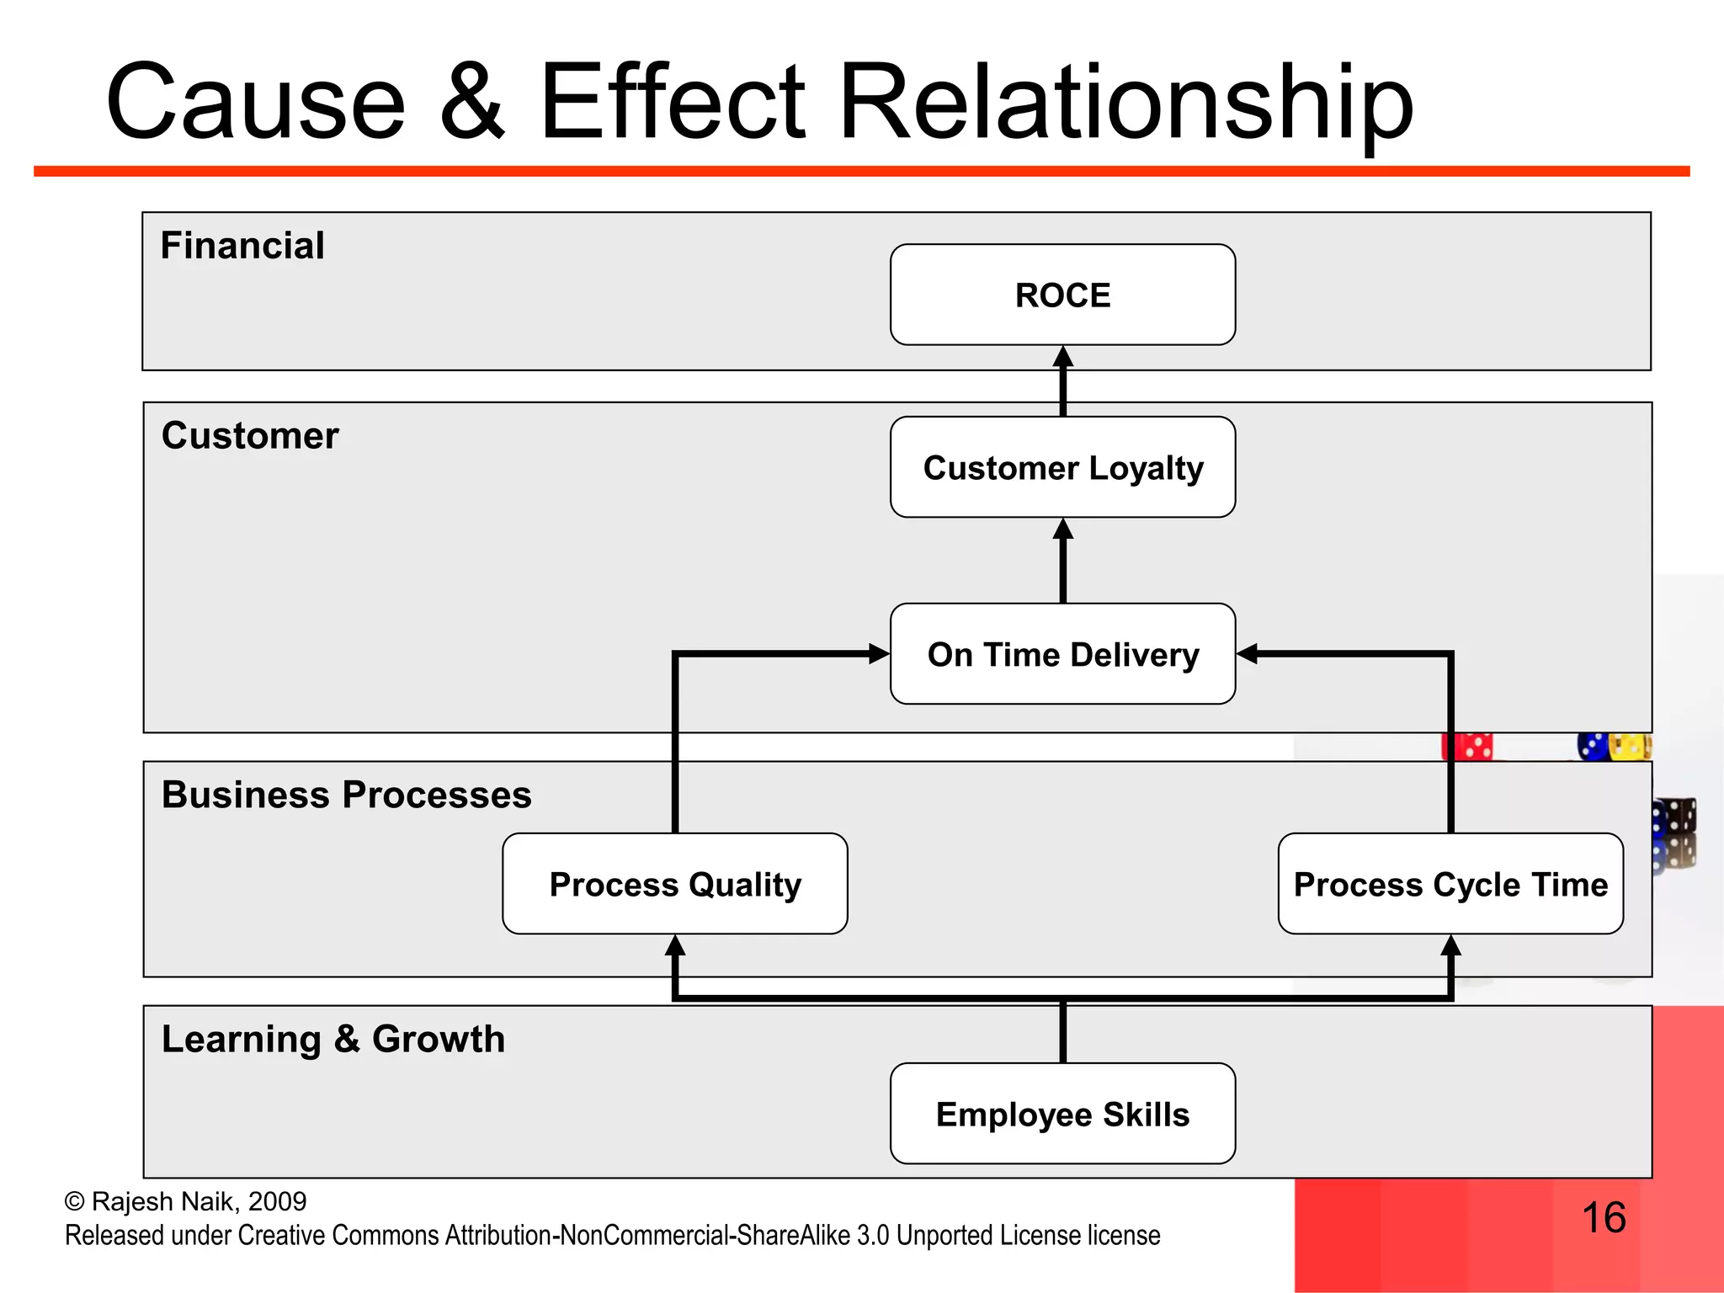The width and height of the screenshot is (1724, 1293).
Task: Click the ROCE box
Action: [x=1062, y=295]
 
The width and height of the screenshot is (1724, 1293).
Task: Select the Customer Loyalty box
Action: [x=1062, y=467]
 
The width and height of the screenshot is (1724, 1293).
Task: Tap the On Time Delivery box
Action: [x=1062, y=654]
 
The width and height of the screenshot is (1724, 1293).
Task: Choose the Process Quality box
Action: [x=674, y=884]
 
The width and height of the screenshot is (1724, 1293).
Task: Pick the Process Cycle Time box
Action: [x=1450, y=884]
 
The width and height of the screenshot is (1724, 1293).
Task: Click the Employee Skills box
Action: [x=1062, y=1114]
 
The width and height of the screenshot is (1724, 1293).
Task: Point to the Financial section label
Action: [x=242, y=246]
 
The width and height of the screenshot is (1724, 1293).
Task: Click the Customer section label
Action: [x=250, y=436]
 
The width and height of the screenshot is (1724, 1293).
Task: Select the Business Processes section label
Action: [x=346, y=795]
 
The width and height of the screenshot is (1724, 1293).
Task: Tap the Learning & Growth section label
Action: [x=333, y=1039]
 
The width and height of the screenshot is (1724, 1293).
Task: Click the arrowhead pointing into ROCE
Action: [x=1063, y=357]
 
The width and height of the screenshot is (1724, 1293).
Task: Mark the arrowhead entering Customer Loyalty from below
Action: [x=1063, y=529]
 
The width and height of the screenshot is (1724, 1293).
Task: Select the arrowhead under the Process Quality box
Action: [x=675, y=946]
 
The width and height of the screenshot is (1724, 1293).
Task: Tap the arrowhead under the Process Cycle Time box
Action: [x=1450, y=946]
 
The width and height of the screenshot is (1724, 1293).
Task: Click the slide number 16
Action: [x=1604, y=1217]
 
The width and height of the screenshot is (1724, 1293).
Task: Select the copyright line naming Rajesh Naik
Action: [x=185, y=1201]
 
